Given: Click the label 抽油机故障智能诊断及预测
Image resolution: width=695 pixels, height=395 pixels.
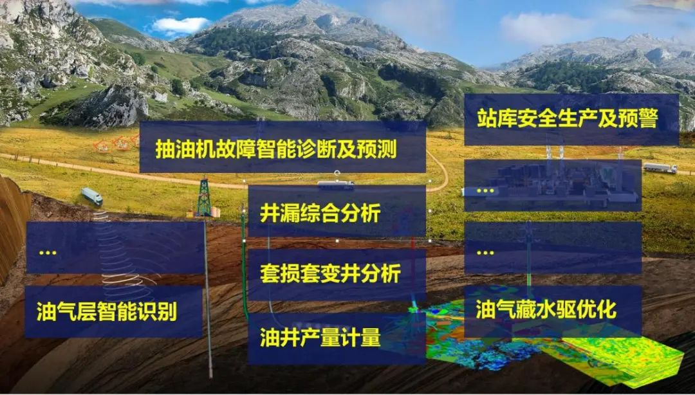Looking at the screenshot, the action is [275, 149].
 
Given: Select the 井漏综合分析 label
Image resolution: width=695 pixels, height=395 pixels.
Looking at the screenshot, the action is [320, 213].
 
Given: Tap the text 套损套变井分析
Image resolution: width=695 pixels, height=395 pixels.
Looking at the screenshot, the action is [329, 273].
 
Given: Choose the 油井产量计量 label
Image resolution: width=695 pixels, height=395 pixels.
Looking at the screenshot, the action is [320, 338].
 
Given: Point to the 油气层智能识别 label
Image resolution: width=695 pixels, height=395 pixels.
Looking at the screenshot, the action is [107, 311].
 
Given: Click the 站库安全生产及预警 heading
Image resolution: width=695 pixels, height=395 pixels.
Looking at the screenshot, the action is [567, 118].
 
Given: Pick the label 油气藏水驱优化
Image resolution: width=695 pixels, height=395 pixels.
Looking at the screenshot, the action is [546, 309].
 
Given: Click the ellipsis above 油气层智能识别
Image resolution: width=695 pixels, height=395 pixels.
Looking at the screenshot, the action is [48, 253].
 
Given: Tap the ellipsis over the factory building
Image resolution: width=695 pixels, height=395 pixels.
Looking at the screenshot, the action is [485, 191].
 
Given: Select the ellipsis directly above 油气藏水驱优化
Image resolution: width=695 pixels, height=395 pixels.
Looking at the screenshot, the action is [485, 253].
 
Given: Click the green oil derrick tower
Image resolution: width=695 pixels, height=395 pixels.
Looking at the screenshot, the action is [204, 197].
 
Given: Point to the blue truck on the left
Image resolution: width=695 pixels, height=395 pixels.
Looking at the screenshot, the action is [92, 196].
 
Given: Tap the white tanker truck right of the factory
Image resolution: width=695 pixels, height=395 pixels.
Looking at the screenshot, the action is [660, 168].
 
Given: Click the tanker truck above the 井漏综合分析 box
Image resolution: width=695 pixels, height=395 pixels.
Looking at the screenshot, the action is [335, 185].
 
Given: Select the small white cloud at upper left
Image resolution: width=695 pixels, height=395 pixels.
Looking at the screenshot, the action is [180, 25].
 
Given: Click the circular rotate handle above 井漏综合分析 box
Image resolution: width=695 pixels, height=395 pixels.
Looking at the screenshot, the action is [337, 172].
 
